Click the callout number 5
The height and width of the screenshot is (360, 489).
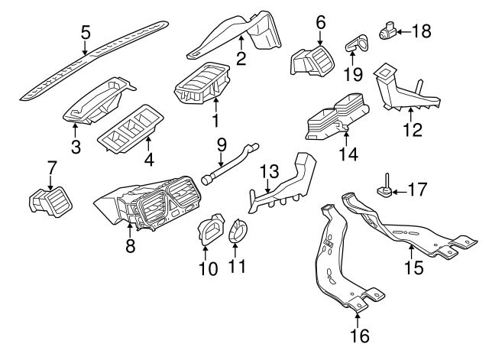pyautogui.click(x=86, y=32)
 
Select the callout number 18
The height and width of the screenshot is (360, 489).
pyautogui.click(x=421, y=31)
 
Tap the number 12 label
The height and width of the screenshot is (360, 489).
pyautogui.click(x=412, y=131)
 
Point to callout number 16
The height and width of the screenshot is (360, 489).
pyautogui.click(x=359, y=335)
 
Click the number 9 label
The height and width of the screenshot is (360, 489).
pyautogui.click(x=222, y=144)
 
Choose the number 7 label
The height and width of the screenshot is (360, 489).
pyautogui.click(x=52, y=166)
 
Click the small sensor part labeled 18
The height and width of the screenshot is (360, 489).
pyautogui.click(x=387, y=31)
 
